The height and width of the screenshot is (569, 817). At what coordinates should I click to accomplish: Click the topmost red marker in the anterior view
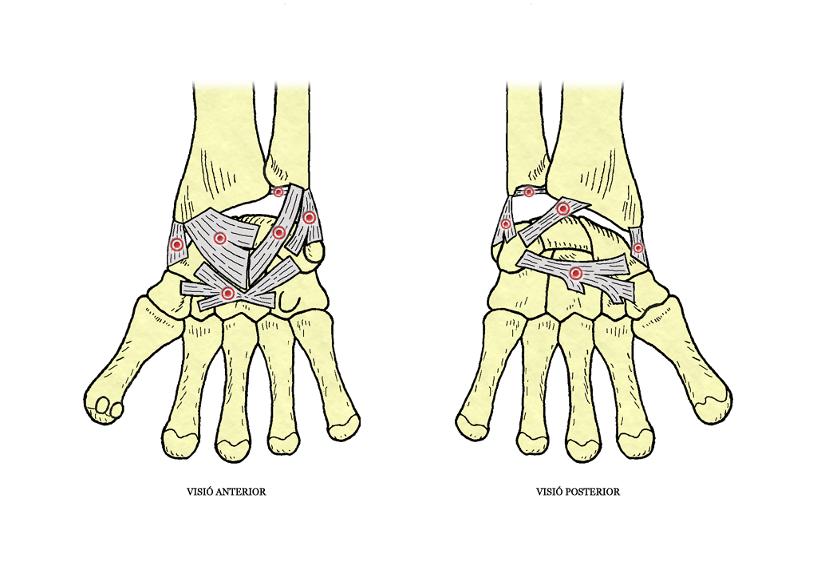tap(278, 192)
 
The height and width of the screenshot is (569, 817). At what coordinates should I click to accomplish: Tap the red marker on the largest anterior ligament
tap(220, 239)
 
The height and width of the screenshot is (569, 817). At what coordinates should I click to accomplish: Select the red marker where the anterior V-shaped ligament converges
tap(227, 294)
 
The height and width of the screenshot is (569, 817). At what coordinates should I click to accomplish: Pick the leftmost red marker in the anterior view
tap(177, 244)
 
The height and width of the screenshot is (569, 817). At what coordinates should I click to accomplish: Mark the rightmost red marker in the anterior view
tap(310, 217)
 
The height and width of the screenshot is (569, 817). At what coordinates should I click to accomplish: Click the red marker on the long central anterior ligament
tap(278, 232)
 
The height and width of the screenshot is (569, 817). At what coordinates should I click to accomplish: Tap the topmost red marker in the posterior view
tap(529, 192)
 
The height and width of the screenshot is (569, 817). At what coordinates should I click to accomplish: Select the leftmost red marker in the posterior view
tap(505, 224)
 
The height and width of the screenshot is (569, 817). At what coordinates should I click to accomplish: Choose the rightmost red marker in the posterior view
tap(637, 248)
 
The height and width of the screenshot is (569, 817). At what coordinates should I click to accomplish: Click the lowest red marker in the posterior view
tap(575, 273)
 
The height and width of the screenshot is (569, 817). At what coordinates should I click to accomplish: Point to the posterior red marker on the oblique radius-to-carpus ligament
tap(562, 209)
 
